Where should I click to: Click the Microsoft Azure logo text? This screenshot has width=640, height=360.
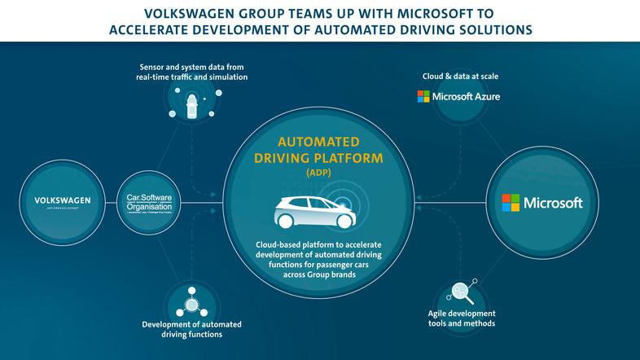458,97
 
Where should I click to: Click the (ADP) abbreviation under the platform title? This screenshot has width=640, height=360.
319,173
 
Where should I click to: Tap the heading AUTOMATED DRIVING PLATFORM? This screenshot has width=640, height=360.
319,148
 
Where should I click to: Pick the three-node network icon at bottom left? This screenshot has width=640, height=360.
192,302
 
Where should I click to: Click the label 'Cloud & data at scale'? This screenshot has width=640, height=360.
458,76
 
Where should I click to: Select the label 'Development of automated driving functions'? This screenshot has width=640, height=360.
192,329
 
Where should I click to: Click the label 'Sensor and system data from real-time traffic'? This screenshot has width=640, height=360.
192,72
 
